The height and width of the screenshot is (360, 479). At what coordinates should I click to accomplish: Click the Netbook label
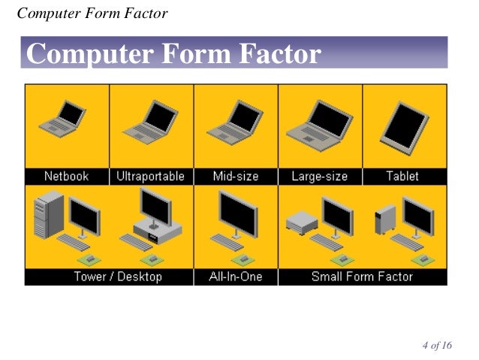pos(66,177)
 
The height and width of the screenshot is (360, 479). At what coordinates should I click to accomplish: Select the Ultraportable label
pos(151,177)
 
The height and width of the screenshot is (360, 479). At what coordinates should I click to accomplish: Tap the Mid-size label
pos(236,177)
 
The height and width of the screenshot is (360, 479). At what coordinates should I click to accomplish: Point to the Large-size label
pos(320,177)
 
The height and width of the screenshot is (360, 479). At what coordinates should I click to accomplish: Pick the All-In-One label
pos(236,277)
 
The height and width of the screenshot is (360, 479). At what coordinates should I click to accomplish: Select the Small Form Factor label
pos(362,277)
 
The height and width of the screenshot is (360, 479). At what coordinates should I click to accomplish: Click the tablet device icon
pos(405,124)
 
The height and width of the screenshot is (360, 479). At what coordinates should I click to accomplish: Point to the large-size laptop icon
pos(319,123)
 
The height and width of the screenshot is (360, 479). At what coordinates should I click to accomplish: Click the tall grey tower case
pos(50,215)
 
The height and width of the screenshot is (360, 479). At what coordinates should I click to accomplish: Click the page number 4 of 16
pos(437,346)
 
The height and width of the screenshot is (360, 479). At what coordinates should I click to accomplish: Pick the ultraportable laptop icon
pos(150,120)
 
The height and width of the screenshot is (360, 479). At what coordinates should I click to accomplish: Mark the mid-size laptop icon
pos(235,120)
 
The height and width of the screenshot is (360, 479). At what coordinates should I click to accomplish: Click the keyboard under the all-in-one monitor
pos(227,242)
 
